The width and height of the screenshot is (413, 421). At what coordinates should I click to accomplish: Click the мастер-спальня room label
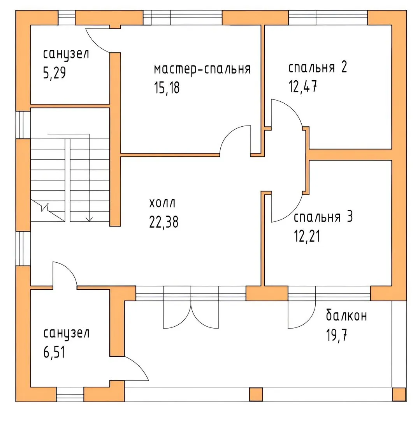click(x=202, y=69)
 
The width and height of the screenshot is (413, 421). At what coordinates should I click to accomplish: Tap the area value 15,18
click(x=167, y=88)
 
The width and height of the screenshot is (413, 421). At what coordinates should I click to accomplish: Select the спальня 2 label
click(x=318, y=67)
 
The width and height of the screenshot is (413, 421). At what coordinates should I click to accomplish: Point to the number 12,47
click(x=302, y=87)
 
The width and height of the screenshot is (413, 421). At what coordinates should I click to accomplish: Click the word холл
click(x=162, y=203)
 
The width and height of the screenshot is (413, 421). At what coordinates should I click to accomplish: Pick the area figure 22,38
click(x=163, y=222)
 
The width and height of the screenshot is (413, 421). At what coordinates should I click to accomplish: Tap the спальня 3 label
click(x=323, y=217)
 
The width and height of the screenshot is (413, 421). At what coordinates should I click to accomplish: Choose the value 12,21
click(x=307, y=236)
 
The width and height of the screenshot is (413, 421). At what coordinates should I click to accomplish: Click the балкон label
click(x=346, y=315)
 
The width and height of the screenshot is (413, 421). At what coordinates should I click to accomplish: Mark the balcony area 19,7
click(x=337, y=335)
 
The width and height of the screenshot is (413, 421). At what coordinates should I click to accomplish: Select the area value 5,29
click(x=54, y=73)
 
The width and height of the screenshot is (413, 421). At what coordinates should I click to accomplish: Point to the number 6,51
click(x=54, y=352)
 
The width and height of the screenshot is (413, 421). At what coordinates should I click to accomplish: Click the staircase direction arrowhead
click(x=89, y=219)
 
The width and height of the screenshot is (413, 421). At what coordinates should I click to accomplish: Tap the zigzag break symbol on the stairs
click(x=45, y=207)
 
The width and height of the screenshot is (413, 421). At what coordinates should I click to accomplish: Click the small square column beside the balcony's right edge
click(x=399, y=394)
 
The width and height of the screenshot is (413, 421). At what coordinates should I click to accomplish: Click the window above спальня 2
click(x=328, y=18)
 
